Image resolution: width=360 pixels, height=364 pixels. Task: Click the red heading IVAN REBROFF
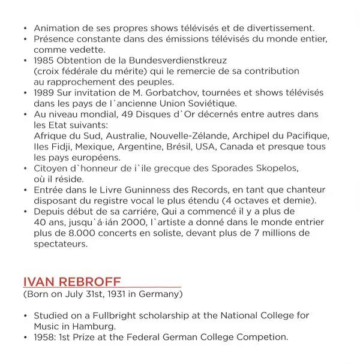point(71,282)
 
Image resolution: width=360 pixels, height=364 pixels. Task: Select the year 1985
point(45,61)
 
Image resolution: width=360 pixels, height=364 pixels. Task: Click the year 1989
point(46,93)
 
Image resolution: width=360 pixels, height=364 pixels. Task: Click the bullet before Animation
point(25,28)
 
